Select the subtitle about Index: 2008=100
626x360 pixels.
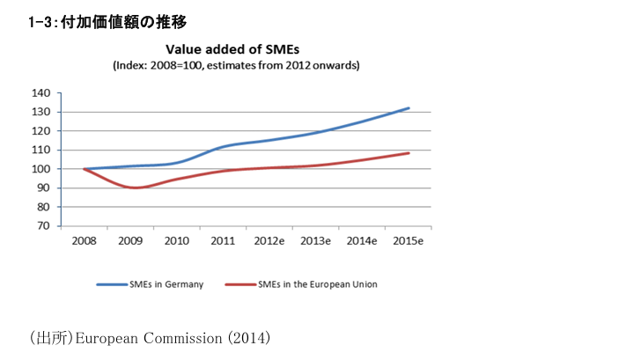pos(236,65)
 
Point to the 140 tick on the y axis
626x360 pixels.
pos(40,92)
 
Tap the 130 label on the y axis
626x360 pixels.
pos(40,112)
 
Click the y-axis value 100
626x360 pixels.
pos(40,169)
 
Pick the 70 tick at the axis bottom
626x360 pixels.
pos(42,226)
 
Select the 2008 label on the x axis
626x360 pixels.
pos(84,239)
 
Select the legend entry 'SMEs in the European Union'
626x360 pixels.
pos(318,285)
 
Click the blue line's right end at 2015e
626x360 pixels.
pos(409,108)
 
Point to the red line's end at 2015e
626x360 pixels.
pos(409,153)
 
